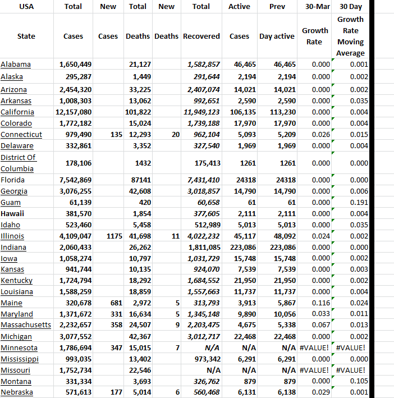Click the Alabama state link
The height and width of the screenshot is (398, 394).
click(16, 65)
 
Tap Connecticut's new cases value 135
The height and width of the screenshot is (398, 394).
click(109, 134)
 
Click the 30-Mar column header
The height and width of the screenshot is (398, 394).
click(315, 7)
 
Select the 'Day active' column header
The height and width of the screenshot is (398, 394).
click(277, 36)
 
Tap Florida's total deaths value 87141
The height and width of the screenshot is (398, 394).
click(138, 180)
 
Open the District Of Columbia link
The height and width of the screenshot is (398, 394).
click(19, 163)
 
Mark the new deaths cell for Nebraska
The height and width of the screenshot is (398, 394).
click(177, 392)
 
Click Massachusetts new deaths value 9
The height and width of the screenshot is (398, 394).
click(177, 325)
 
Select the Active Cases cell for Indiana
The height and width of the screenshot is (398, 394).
click(240, 247)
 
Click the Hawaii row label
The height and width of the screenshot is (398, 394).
click(12, 213)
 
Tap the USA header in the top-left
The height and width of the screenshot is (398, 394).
click(26, 7)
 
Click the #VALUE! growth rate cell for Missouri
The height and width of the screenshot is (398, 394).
click(315, 370)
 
